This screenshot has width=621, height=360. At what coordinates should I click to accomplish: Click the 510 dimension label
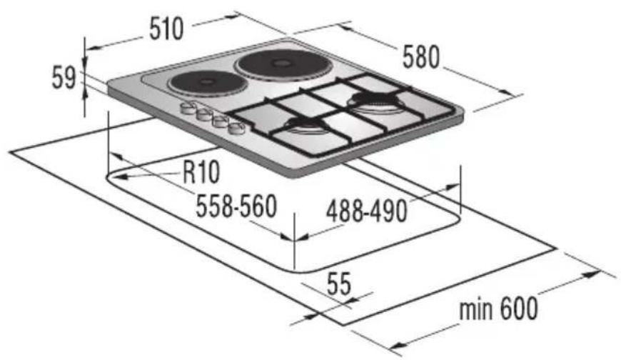point(166,29)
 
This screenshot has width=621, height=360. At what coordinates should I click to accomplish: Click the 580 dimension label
point(421,56)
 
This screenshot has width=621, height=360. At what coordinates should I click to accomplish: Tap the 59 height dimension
point(64,78)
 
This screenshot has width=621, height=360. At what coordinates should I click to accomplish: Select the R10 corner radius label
point(201,172)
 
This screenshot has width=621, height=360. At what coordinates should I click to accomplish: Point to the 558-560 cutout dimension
point(236,206)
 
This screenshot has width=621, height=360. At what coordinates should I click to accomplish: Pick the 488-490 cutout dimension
point(367,211)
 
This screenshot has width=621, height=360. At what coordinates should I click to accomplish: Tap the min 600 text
point(499,309)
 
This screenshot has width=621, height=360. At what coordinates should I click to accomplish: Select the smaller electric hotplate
point(207,82)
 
